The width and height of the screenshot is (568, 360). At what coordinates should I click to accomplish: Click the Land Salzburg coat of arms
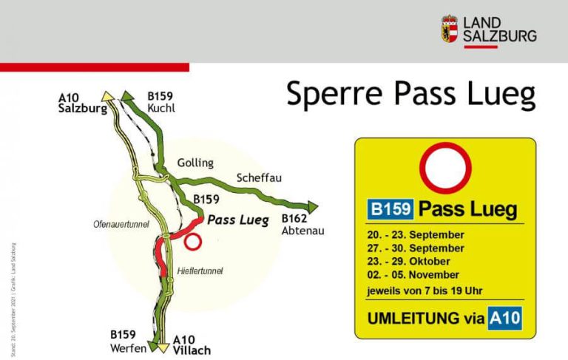450,29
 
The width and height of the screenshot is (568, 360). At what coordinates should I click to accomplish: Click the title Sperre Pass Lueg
410,94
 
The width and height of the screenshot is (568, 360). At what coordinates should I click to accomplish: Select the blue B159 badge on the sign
390,209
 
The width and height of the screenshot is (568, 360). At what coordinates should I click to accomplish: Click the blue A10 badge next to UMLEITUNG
505,319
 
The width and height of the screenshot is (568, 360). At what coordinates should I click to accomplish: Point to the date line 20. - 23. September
415,234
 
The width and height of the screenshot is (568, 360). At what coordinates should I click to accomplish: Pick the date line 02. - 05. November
413,275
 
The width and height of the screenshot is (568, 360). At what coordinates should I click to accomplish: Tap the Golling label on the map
195,163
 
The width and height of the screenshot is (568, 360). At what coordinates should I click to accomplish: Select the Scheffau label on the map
259,178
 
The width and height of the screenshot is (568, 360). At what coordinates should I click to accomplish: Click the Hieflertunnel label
200,271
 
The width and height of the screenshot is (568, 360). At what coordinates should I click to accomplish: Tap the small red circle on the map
193,241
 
